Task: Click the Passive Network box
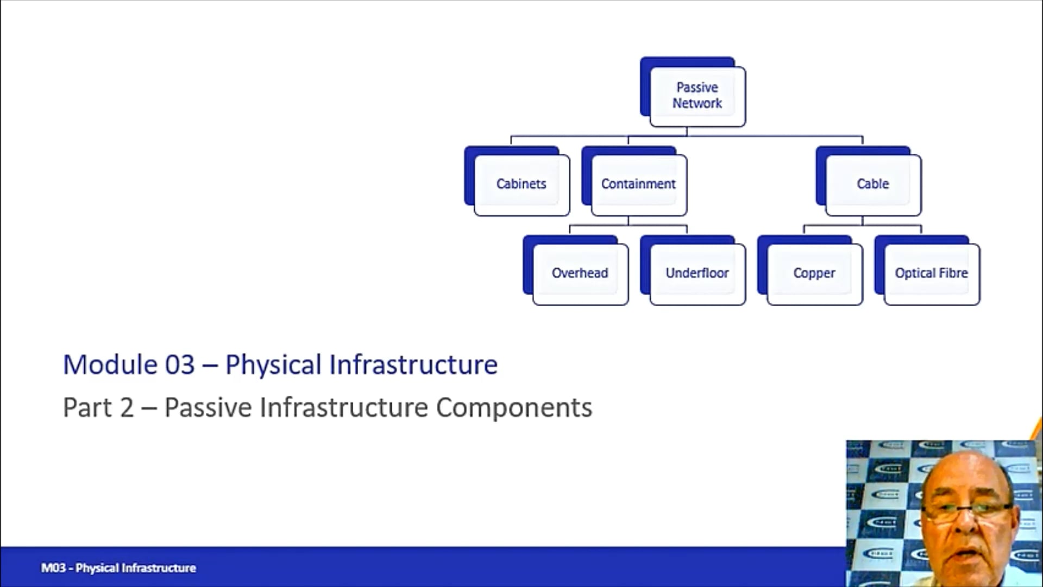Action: tap(698, 96)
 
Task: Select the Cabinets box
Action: tap(521, 184)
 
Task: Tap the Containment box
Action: tap(638, 184)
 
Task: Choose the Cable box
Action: tap(873, 184)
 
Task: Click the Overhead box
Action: tap(580, 273)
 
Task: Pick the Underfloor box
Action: tap(697, 273)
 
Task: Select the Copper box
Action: tap(814, 273)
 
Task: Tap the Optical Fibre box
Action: tap(931, 273)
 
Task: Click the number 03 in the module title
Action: tap(180, 365)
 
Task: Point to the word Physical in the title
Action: tap(273, 365)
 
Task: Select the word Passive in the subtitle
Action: tap(208, 408)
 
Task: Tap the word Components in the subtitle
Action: tap(514, 408)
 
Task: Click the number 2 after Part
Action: tap(127, 408)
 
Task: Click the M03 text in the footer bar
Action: tap(53, 568)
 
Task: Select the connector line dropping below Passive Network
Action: tap(687, 132)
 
